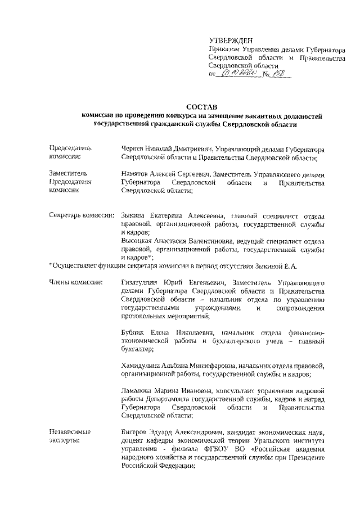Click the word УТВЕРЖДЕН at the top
click(x=231, y=40)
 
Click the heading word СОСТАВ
click(x=200, y=107)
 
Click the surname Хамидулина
click(x=142, y=366)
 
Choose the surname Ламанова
click(x=138, y=390)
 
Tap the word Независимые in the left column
click(x=71, y=431)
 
